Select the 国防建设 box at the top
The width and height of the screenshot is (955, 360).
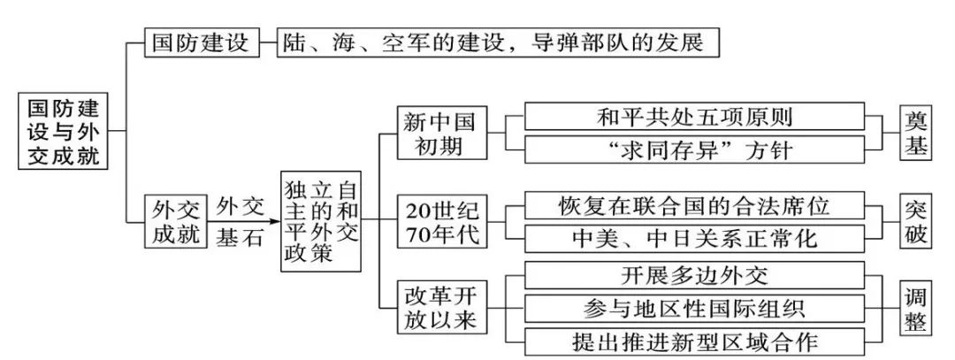[x=202, y=42]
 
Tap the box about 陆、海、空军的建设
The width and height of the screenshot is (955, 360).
[x=495, y=42]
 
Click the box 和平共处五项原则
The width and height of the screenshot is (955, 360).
[x=694, y=116]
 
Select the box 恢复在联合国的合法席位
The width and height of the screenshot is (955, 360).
[x=694, y=205]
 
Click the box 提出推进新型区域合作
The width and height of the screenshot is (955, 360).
[x=694, y=341]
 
